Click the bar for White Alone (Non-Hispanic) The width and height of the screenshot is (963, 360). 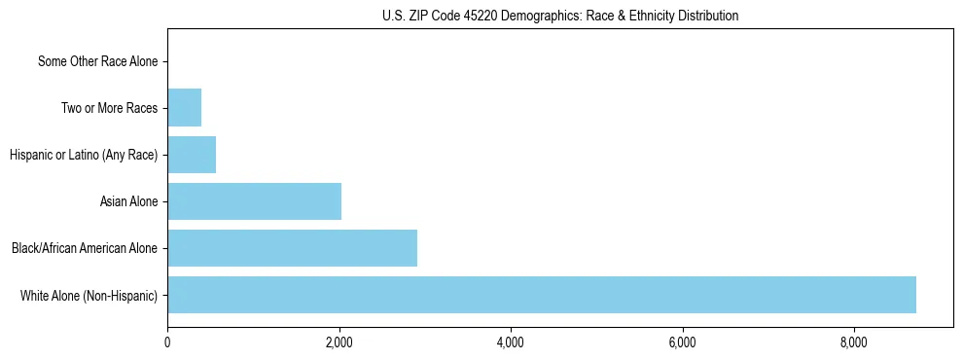(x=541, y=295)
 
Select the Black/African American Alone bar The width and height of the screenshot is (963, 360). (x=292, y=248)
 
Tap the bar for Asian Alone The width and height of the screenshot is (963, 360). (x=254, y=201)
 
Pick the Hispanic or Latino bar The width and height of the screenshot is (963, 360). (x=192, y=155)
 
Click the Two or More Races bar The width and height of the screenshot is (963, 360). (x=184, y=108)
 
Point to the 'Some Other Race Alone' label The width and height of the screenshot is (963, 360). (x=97, y=62)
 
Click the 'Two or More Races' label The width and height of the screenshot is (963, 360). (x=109, y=108)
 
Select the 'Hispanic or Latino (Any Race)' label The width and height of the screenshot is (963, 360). (x=84, y=155)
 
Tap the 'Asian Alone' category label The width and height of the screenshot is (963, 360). (x=128, y=201)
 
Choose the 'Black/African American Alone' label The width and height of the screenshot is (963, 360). (x=85, y=248)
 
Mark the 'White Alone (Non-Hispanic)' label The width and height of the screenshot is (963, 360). (x=89, y=295)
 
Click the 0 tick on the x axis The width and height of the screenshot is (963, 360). (x=167, y=342)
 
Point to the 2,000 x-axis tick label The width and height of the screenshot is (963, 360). (x=339, y=342)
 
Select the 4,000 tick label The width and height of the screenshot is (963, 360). (x=511, y=342)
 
